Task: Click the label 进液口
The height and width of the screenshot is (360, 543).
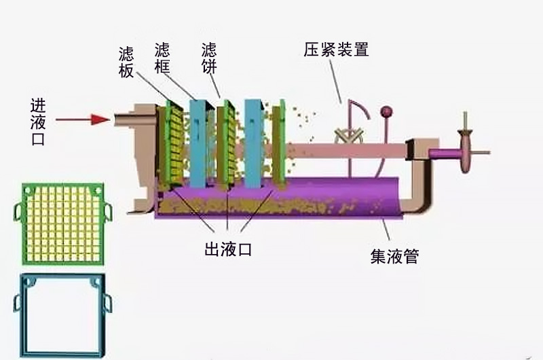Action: tap(37, 120)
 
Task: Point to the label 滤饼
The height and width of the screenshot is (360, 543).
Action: tap(210, 58)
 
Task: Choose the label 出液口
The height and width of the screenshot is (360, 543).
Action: tap(227, 249)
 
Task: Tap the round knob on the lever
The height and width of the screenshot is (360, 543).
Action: tap(387, 111)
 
